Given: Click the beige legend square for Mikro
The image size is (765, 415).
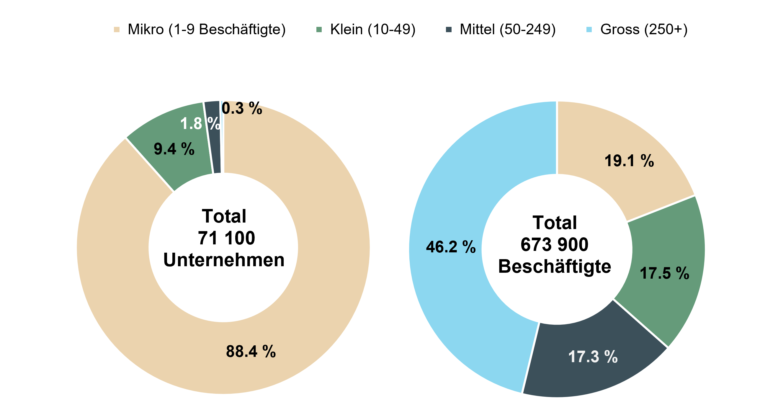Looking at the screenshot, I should tap(116, 30).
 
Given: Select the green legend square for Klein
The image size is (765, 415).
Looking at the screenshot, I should tap(319, 30).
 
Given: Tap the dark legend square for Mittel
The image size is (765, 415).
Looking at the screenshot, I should tap(449, 30).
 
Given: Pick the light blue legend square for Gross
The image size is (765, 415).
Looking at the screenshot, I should tap(589, 30).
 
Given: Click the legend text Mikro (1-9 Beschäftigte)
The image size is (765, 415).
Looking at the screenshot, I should tap(207, 30).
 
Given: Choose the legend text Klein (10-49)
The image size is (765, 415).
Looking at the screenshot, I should tap(373, 30).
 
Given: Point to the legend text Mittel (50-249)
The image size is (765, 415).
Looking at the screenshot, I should tap(508, 30).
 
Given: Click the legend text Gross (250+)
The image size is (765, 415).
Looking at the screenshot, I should tap(644, 30).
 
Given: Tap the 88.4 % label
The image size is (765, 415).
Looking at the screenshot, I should tap(251, 352).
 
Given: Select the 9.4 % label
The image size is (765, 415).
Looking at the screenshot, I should tap(174, 149).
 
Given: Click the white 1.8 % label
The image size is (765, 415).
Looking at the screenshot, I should tap(200, 123).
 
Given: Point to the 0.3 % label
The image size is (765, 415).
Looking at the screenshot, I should tap(242, 108).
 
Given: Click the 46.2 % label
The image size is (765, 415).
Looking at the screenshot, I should tap(450, 247).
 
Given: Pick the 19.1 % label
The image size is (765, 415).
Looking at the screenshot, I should tap(629, 161).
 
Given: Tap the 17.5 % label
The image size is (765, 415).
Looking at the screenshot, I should tap(664, 273).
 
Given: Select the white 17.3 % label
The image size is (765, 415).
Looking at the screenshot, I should tap(593, 357).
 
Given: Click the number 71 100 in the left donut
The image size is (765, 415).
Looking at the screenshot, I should tap(226, 238).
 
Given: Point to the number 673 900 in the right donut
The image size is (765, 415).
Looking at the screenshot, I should tap(555, 244).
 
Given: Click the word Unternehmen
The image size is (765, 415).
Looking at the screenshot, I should tap(224, 260).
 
